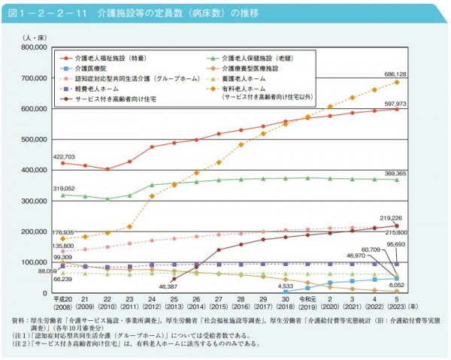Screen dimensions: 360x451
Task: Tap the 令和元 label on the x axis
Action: pyautogui.click(x=307, y=299)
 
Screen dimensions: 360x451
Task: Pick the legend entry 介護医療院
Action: pyautogui.click(x=94, y=68)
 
